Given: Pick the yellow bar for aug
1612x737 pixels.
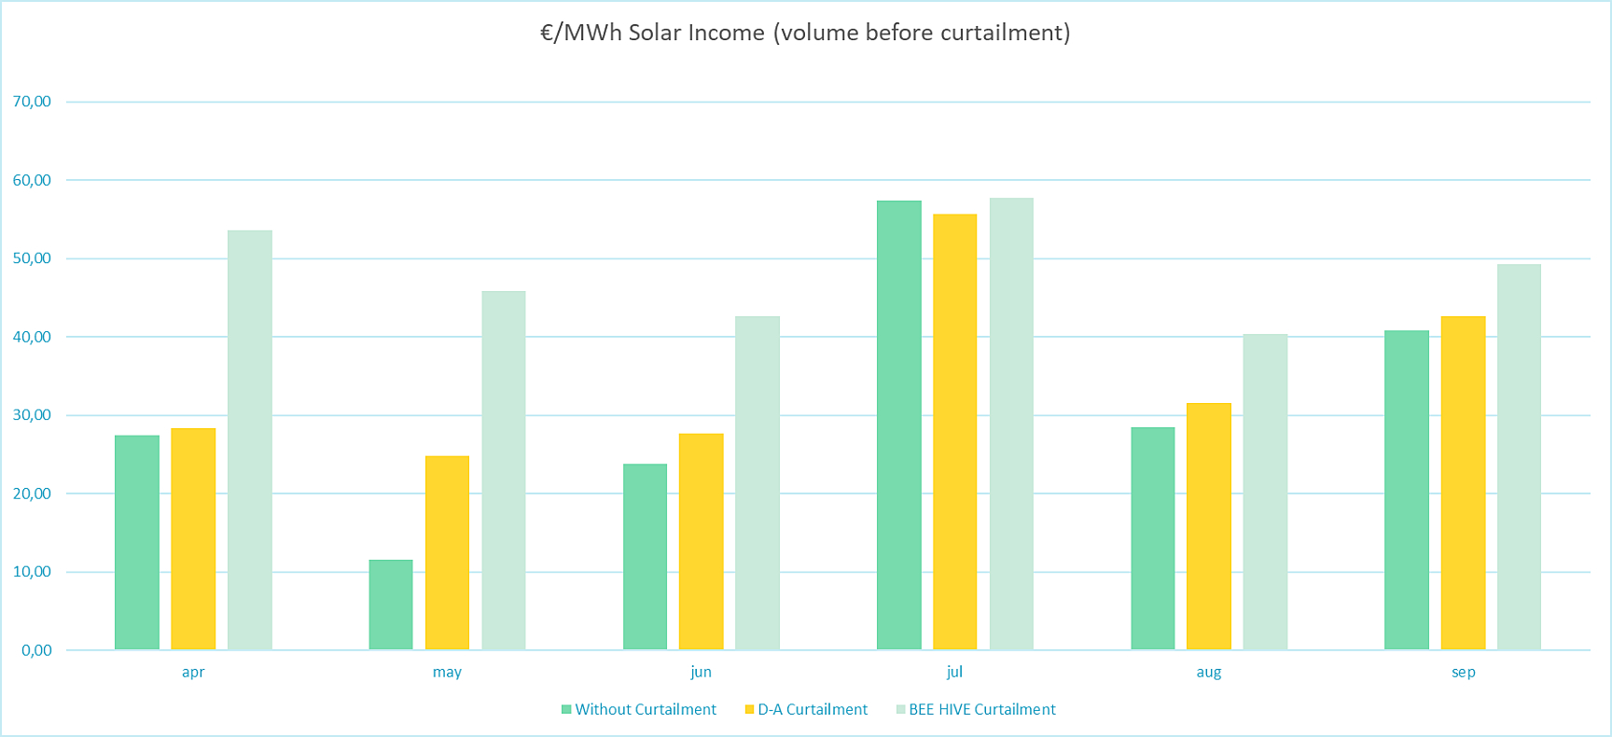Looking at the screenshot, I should [x=1209, y=526].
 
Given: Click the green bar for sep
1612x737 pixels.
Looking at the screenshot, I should [x=1407, y=490].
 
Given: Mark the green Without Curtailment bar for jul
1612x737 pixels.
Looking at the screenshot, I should [x=899, y=425].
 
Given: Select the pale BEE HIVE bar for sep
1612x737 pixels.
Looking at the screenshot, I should [x=1519, y=457].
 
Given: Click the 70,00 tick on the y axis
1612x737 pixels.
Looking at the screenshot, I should [x=32, y=102].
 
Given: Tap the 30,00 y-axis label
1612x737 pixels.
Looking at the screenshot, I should [x=32, y=415].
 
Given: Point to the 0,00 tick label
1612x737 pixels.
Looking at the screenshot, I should [x=36, y=650].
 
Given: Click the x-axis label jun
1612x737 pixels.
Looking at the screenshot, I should [x=701, y=672].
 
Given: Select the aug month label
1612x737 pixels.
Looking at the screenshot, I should [x=1208, y=672].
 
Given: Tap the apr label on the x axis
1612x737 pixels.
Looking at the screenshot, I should [x=193, y=672].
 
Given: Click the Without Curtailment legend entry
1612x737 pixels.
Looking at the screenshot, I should [x=645, y=709].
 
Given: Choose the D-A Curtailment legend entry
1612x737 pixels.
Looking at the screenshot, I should [x=812, y=709].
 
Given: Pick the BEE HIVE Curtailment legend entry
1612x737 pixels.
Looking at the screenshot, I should [x=981, y=709].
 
